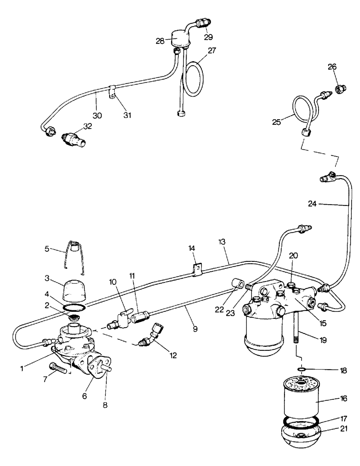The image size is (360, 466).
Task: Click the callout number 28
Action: point(160,41)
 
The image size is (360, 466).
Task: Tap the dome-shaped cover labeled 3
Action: point(75,291)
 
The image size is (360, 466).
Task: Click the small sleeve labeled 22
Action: point(236,284)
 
